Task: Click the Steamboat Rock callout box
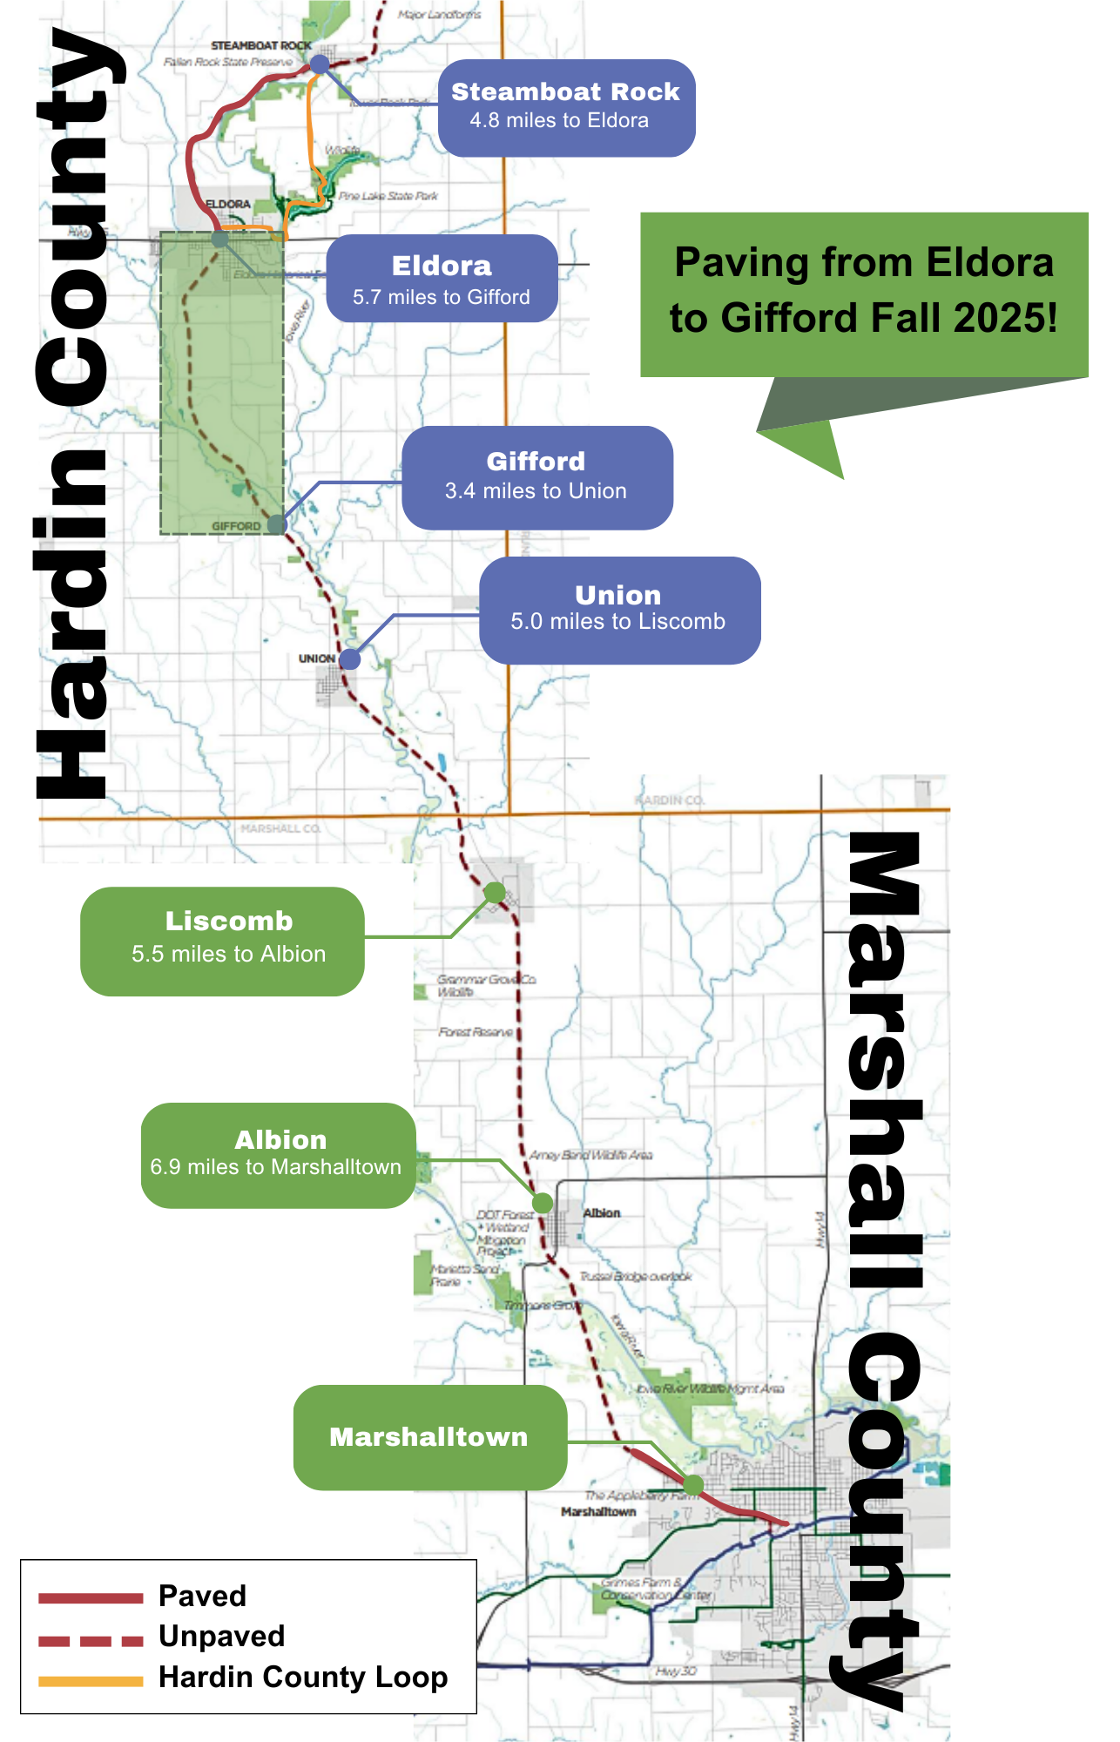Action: [566, 108]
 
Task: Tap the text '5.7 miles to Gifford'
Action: [442, 298]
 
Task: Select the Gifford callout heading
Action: [536, 462]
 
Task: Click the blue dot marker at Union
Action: [350, 659]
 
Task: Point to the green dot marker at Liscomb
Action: [495, 893]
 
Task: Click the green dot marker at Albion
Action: [543, 1204]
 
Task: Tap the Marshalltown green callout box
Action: [429, 1437]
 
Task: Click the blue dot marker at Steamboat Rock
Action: [320, 64]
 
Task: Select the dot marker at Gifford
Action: [277, 524]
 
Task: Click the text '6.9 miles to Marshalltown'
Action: [276, 1167]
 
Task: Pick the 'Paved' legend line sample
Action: [91, 1597]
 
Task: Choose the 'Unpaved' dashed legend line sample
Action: [91, 1641]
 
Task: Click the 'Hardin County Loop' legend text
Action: [303, 1677]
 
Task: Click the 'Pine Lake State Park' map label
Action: [388, 196]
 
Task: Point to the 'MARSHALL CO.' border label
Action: [280, 828]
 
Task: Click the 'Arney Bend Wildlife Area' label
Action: [591, 1155]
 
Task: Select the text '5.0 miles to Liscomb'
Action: [617, 622]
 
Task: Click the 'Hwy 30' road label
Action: [676, 1671]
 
